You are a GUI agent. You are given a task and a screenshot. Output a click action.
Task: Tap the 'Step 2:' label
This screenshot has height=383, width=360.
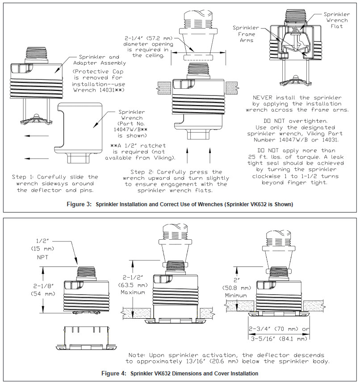click(146, 171)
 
